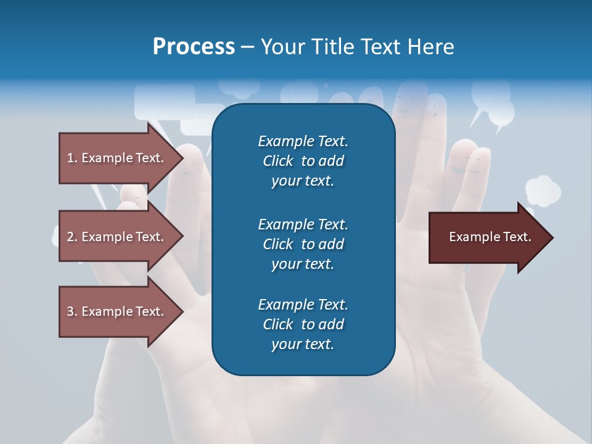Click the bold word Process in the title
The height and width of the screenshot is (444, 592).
click(194, 47)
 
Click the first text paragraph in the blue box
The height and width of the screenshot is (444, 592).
click(303, 161)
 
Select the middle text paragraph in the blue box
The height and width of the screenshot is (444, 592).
click(303, 244)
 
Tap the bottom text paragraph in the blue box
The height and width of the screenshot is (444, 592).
click(303, 324)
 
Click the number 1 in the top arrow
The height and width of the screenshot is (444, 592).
click(70, 158)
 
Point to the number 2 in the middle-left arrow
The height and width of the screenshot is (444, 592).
click(70, 237)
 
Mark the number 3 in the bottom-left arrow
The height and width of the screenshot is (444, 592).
click(70, 311)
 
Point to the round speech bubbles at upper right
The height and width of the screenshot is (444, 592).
click(491, 102)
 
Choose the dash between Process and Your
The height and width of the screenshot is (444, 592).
click(247, 47)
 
